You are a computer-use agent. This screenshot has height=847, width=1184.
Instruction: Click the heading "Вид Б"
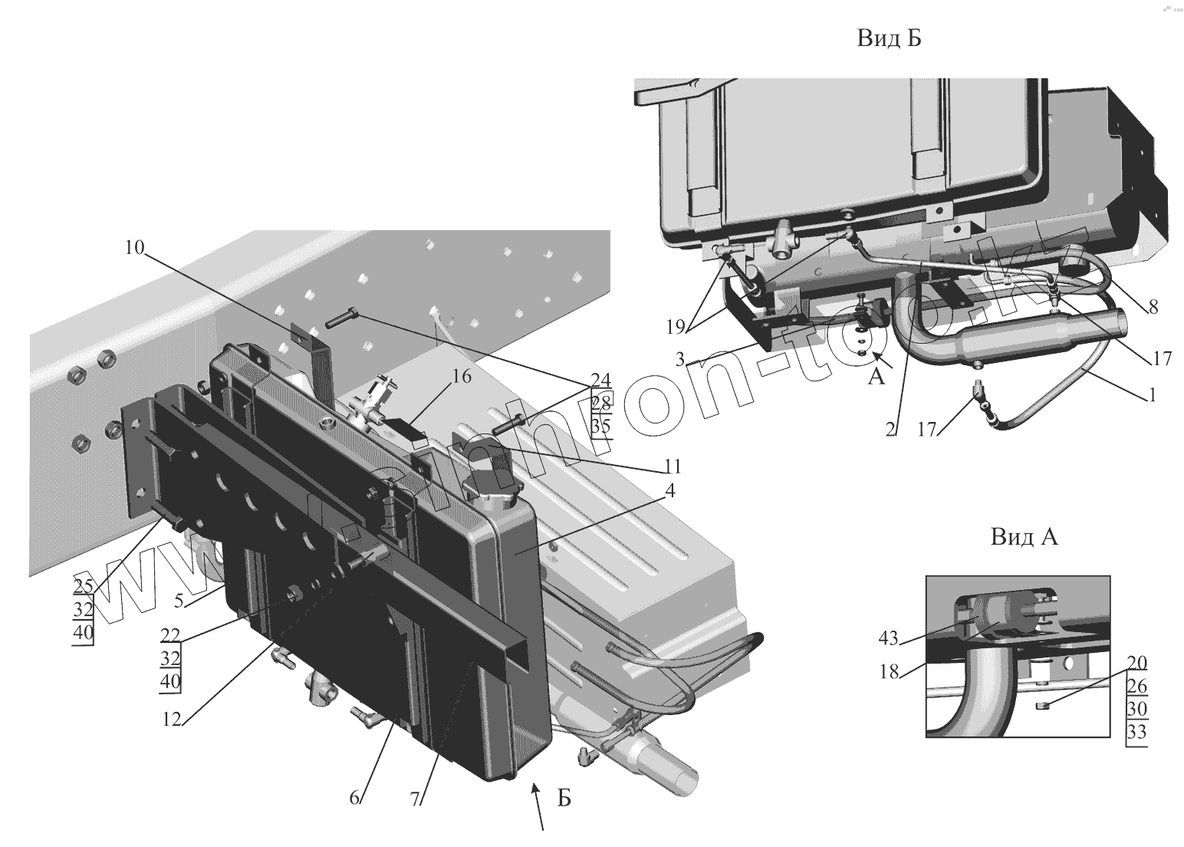pos(889,39)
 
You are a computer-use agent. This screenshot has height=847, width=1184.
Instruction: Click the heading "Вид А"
pos(1024,536)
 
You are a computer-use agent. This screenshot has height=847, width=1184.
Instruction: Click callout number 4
pos(669,492)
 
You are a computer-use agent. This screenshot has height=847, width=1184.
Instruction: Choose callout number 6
pos(354,797)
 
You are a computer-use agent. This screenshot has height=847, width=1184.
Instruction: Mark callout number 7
pos(415,799)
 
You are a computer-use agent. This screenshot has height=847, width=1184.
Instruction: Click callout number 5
pos(179,601)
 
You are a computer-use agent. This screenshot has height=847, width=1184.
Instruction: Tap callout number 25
pos(83,586)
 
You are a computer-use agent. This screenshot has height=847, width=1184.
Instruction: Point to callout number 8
pos(1153,307)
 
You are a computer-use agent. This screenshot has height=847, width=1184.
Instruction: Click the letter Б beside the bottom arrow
pos(564,799)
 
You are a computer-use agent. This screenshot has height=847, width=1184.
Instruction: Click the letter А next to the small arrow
pos(876,377)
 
